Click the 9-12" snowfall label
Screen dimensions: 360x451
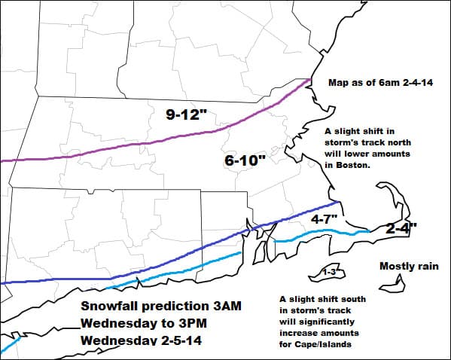point(188,114)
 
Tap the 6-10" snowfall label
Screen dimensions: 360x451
point(245,160)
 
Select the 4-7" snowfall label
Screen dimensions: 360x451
point(324,218)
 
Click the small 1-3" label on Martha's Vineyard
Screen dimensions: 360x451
point(328,271)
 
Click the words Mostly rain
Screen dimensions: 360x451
point(409,266)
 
